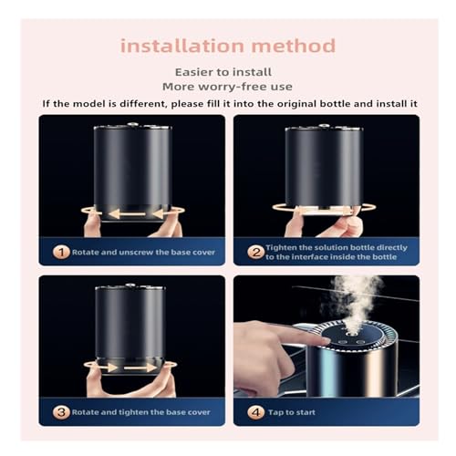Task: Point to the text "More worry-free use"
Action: [227, 87]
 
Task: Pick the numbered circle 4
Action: [256, 412]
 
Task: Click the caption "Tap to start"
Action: [292, 412]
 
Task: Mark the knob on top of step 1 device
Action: [132, 124]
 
